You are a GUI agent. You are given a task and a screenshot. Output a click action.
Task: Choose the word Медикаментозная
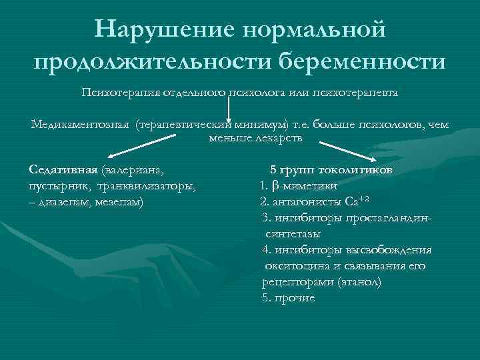pyautogui.click(x=79, y=125)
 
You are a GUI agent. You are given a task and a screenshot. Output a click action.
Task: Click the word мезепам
pyautogui.click(x=120, y=201)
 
